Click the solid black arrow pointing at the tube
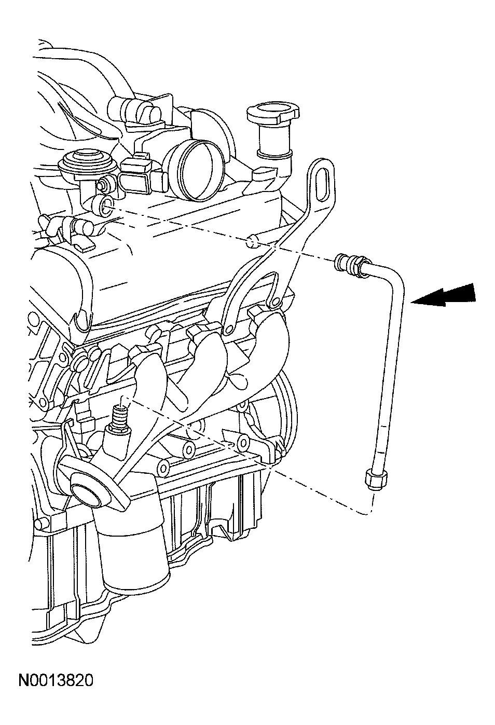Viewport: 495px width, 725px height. pos(445,295)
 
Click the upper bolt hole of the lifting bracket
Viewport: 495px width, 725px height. pos(274,303)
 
